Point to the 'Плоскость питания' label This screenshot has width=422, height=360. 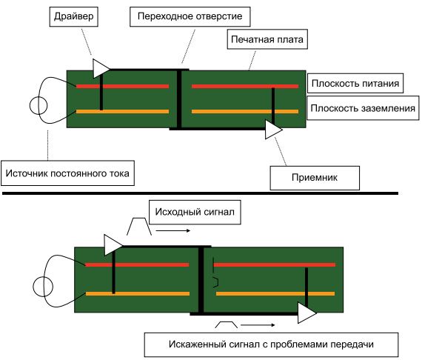pyautogui.click(x=355, y=84)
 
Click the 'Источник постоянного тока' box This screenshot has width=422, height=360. pyautogui.click(x=70, y=174)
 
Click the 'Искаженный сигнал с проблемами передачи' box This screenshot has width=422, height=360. pyautogui.click(x=271, y=344)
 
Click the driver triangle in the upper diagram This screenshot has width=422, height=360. pyautogui.click(x=100, y=69)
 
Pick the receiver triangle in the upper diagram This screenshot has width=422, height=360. pyautogui.click(x=274, y=130)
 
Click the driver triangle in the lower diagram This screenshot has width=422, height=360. pyautogui.click(x=113, y=244)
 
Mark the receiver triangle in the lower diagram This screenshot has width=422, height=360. pyautogui.click(x=306, y=312)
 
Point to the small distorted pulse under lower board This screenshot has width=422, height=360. pyautogui.click(x=227, y=324)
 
